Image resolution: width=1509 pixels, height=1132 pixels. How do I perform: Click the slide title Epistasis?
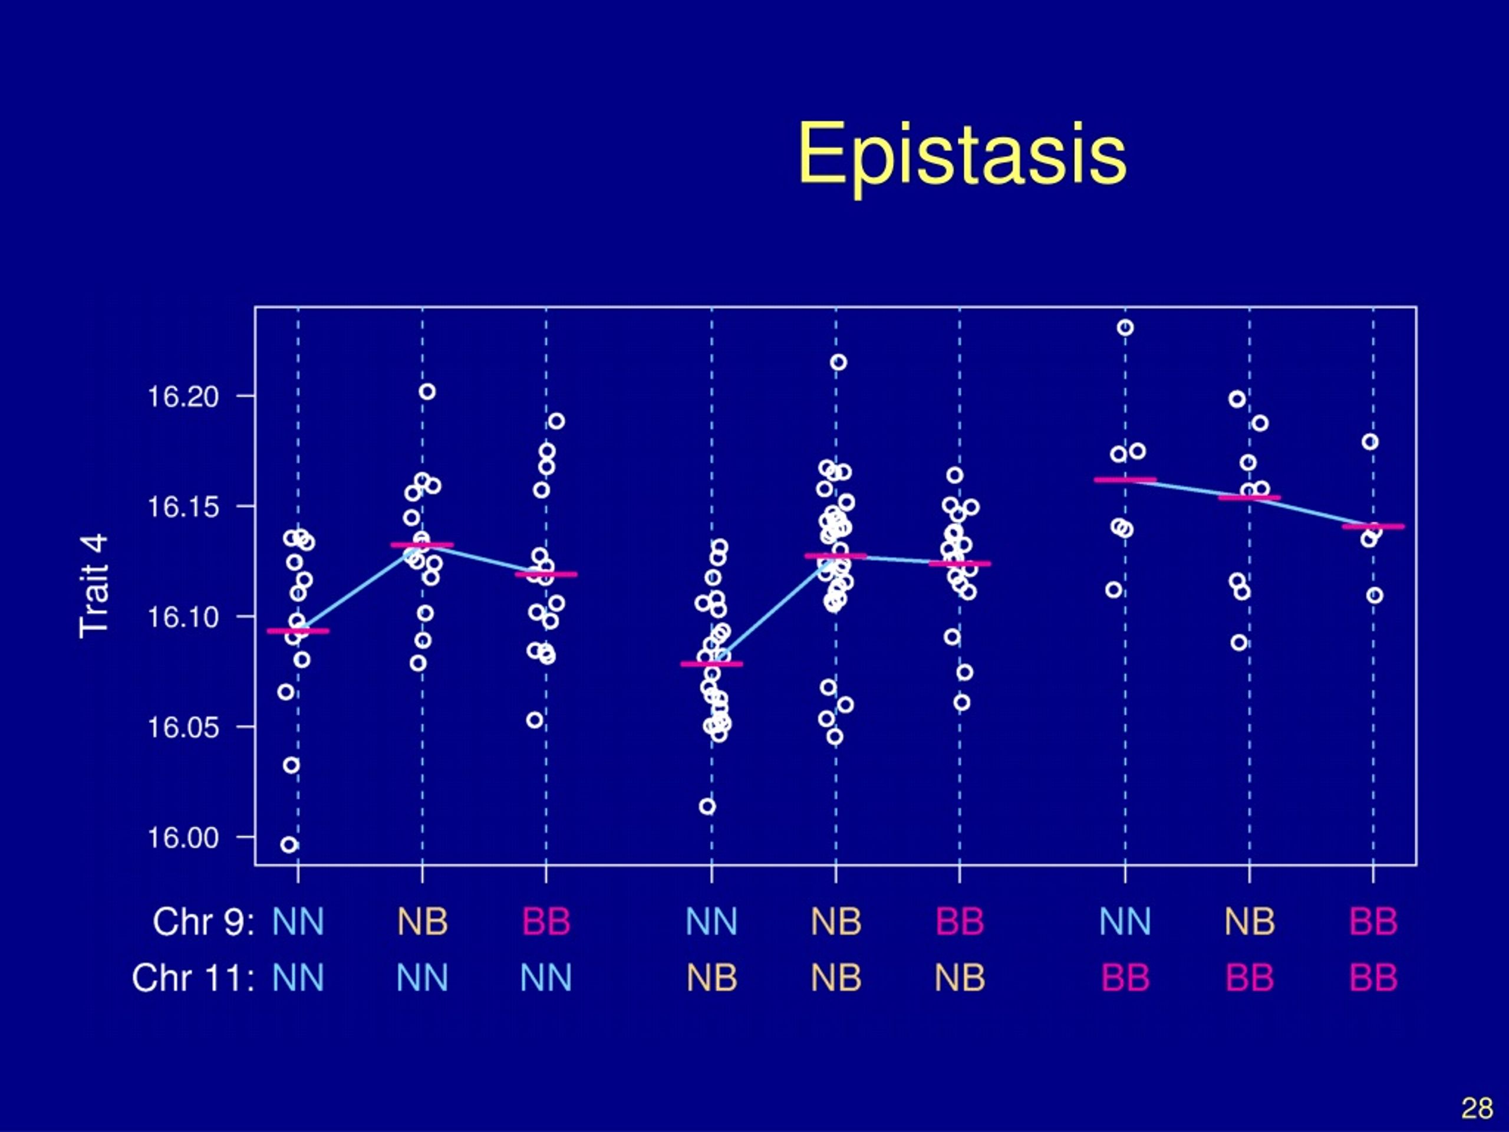[962, 156]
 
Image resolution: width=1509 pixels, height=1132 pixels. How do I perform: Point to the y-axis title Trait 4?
[94, 586]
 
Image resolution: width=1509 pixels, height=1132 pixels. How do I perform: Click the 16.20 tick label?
[183, 396]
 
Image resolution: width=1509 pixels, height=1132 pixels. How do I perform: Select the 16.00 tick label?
[183, 837]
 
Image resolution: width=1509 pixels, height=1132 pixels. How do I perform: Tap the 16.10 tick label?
[183, 617]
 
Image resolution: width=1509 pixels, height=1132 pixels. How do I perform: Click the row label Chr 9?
[203, 922]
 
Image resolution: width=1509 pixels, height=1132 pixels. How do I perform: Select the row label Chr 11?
[193, 978]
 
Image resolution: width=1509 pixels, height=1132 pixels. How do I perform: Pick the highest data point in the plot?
[1125, 328]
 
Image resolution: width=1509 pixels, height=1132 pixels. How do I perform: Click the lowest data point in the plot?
[289, 845]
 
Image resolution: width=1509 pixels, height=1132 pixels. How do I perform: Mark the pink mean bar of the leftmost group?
[298, 631]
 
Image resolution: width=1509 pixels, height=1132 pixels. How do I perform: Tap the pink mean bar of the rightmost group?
[1373, 526]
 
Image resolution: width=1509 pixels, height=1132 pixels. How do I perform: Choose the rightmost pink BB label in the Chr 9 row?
[1373, 922]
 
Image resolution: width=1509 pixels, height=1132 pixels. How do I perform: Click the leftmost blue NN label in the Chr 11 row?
[298, 978]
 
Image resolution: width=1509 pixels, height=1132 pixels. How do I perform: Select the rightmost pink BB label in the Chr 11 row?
[1373, 978]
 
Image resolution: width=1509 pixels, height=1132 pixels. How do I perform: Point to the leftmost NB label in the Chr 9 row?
[422, 922]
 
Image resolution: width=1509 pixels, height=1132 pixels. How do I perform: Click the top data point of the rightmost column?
[1370, 442]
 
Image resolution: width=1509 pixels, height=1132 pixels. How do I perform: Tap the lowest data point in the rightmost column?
[1375, 595]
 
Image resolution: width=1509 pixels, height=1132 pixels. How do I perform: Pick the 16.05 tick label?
[183, 728]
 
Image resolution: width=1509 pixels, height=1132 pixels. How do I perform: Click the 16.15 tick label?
[183, 507]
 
